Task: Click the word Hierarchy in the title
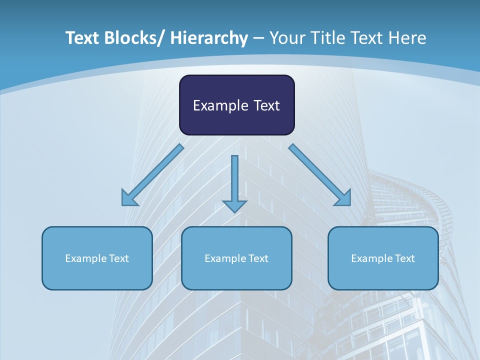click(209, 38)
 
